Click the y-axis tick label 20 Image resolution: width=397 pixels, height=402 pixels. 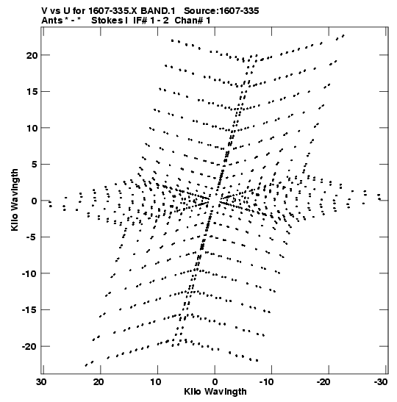pyautogui.click(x=32, y=55)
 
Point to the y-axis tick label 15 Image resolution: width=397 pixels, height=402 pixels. pyautogui.click(x=32, y=92)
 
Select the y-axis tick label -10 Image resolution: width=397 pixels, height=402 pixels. pyautogui.click(x=29, y=273)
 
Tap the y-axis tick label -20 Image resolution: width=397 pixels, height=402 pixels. pyautogui.click(x=29, y=347)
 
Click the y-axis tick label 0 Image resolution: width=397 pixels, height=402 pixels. pyautogui.click(x=35, y=201)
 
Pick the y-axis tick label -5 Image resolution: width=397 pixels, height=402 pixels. pyautogui.click(x=32, y=237)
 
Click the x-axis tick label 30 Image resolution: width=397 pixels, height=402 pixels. pyautogui.click(x=41, y=381)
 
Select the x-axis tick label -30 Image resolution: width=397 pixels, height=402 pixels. pyautogui.click(x=381, y=381)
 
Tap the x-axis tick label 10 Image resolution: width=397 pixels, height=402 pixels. pyautogui.click(x=155, y=381)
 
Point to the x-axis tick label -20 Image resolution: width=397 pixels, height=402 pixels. pyautogui.click(x=323, y=381)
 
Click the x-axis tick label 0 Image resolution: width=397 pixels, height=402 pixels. pyautogui.click(x=215, y=381)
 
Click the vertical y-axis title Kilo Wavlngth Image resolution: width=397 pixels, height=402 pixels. pyautogui.click(x=15, y=200)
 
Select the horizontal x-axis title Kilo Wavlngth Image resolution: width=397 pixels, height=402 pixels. pyautogui.click(x=215, y=392)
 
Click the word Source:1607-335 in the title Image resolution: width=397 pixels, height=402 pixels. pyautogui.click(x=221, y=11)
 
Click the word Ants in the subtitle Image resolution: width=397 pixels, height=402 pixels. pyautogui.click(x=51, y=21)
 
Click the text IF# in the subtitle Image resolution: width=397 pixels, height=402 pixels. pyautogui.click(x=140, y=21)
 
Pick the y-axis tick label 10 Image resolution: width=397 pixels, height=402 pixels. pyautogui.click(x=32, y=128)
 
